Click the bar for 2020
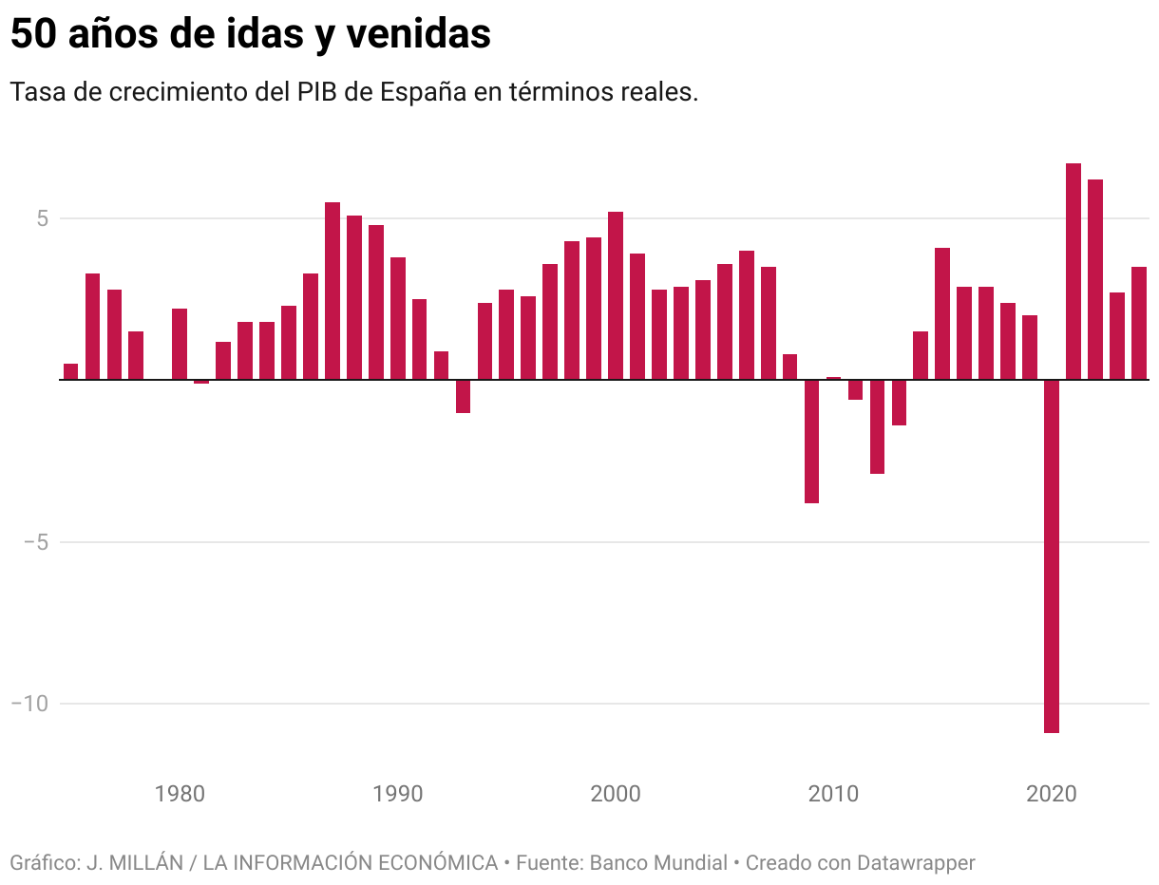[x=1051, y=555]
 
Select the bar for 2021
[x=1073, y=272]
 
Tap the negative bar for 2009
[x=811, y=441]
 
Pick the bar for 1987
[x=332, y=291]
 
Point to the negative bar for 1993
[x=463, y=396]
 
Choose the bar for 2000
[x=616, y=295]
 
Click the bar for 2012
[x=877, y=426]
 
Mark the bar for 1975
[x=71, y=371]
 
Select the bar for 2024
[x=1138, y=323]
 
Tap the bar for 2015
[x=942, y=313]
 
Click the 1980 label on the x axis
[x=180, y=793]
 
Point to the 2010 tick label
[x=833, y=793]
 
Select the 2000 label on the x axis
[x=616, y=793]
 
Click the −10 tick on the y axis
[x=29, y=704]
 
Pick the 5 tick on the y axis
[x=41, y=218]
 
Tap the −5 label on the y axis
[x=35, y=542]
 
